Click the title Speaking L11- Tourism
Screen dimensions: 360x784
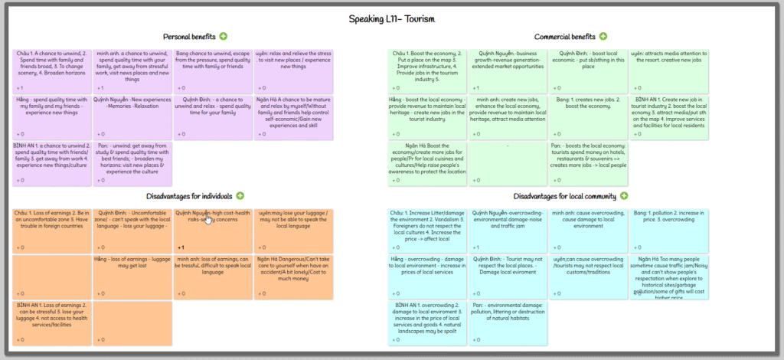(x=392, y=18)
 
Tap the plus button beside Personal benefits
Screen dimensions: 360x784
(x=224, y=36)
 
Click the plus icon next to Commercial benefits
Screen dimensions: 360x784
(x=603, y=36)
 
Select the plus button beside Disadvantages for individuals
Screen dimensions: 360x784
(x=240, y=196)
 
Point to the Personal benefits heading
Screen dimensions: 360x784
(x=190, y=37)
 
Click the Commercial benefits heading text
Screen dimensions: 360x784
(x=564, y=37)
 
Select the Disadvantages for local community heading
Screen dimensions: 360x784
(x=566, y=196)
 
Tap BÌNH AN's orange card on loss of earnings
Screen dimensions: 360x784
(x=51, y=322)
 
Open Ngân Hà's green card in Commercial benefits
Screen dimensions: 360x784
(x=427, y=162)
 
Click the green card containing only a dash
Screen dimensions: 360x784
(x=507, y=162)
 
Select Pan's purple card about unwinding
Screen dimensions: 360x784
(x=132, y=162)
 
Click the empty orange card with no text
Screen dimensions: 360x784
(x=51, y=277)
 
